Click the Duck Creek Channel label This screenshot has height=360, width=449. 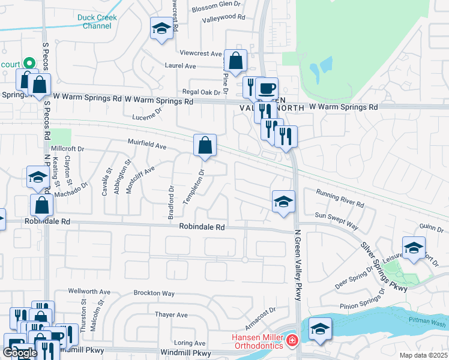click(x=97, y=22)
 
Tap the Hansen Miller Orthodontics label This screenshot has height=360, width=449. click(x=258, y=341)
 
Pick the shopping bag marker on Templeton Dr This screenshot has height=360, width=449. click(x=205, y=145)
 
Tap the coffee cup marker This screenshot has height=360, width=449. click(x=267, y=89)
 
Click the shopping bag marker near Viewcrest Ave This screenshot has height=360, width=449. click(x=236, y=60)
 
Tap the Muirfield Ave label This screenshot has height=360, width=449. click(x=146, y=145)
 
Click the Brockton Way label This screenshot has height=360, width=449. click(x=154, y=293)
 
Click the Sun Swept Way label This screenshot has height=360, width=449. click(x=336, y=221)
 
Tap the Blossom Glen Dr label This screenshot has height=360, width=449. click(x=217, y=9)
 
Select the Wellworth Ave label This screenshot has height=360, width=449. click(x=89, y=292)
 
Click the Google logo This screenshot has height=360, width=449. click(x=20, y=353)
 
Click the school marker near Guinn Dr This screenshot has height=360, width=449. click(x=413, y=248)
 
